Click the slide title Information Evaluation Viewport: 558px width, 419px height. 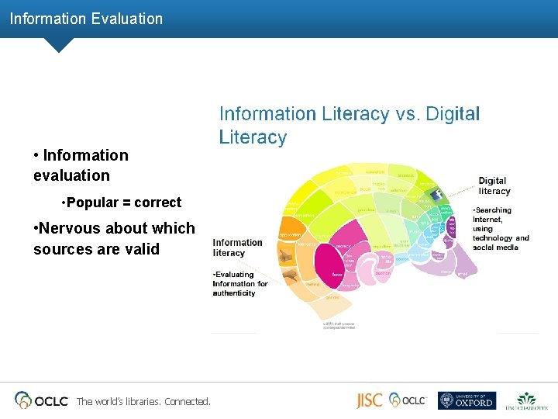[86, 19]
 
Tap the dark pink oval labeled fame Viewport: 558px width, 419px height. [338, 274]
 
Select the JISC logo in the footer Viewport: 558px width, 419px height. [369, 400]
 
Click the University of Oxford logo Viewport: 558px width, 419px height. [466, 400]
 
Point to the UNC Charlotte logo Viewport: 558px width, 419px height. [526, 400]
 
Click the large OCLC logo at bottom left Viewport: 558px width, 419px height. [42, 400]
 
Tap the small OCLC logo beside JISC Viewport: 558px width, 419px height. [408, 400]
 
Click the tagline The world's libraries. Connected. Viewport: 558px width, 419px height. [143, 401]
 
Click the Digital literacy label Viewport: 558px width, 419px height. [494, 186]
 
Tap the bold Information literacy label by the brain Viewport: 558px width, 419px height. [238, 248]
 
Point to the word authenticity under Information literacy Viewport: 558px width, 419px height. [234, 293]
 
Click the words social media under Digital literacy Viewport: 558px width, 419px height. [496, 247]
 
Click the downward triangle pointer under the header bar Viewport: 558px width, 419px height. [59, 45]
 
